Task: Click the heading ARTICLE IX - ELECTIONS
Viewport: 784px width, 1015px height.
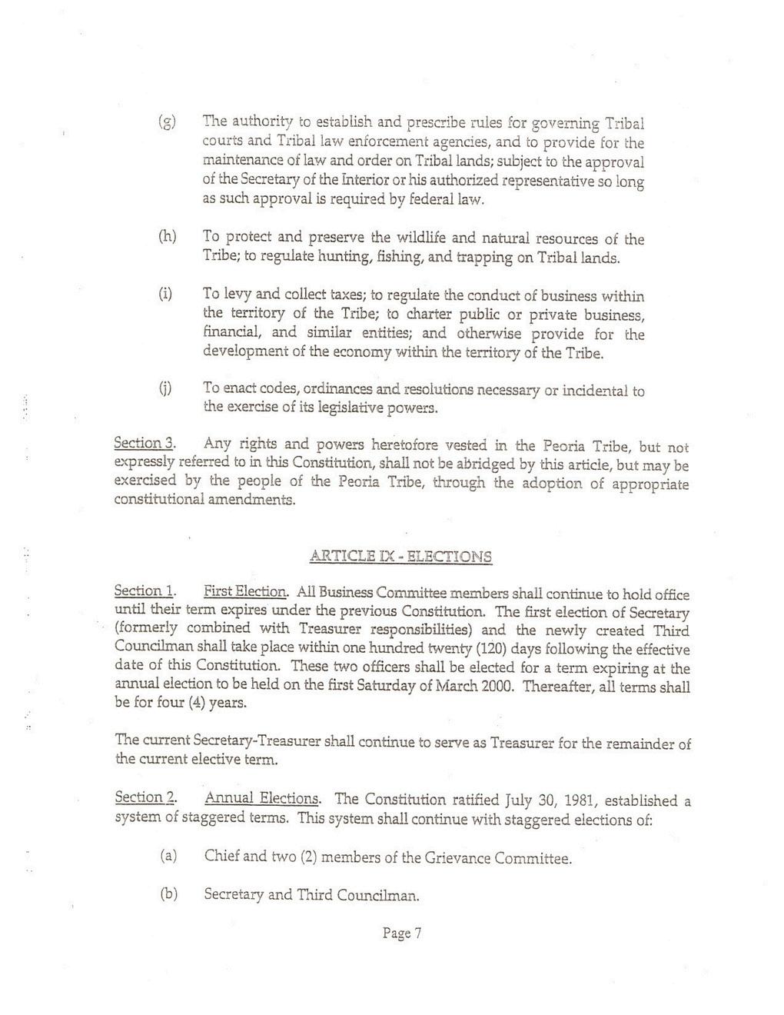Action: (x=400, y=557)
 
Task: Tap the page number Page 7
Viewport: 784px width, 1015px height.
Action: (x=403, y=933)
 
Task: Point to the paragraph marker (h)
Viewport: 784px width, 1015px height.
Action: (x=166, y=236)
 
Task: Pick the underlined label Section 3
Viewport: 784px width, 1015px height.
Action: (x=145, y=444)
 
